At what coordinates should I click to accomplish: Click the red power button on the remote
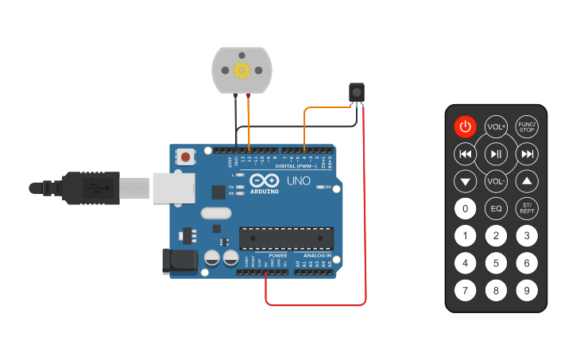pos(465,127)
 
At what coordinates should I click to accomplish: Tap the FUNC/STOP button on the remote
pos(527,127)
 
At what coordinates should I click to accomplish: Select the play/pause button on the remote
pos(496,153)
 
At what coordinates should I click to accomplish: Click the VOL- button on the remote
pos(496,181)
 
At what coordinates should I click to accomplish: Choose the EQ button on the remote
pos(496,209)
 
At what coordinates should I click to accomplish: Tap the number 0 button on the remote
pos(465,209)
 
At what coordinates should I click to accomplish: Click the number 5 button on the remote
pos(496,263)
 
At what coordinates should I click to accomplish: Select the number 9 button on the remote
pos(527,290)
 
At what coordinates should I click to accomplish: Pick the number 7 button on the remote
pos(465,290)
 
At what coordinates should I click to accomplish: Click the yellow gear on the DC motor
pos(242,70)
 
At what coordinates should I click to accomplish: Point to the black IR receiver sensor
pos(358,92)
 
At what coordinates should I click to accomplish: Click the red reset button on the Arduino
pos(185,157)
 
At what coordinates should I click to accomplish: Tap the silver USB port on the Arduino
pos(173,188)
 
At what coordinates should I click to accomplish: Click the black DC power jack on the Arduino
pos(179,261)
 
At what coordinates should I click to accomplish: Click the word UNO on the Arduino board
pos(298,181)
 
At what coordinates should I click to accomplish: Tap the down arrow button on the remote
pos(465,181)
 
